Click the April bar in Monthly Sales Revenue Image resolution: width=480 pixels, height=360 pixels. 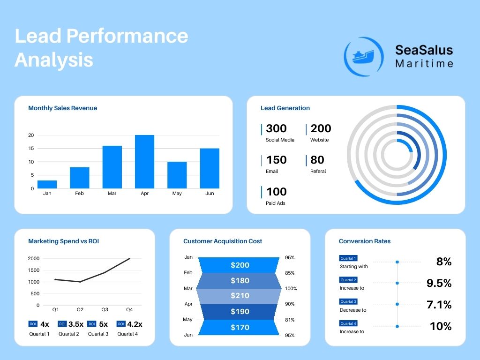pos(144,162)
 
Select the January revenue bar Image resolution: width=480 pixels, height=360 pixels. pos(47,184)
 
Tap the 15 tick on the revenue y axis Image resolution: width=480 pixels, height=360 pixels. pos(31,149)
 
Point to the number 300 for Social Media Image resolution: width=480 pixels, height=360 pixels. pos(276,128)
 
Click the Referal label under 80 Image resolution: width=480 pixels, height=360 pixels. pos(318,172)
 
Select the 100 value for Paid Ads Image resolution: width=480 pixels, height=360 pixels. pos(276,192)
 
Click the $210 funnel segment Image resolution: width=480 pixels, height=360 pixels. pos(240,296)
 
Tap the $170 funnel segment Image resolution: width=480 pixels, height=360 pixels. pos(240,327)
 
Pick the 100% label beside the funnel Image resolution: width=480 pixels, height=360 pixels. pos(291,289)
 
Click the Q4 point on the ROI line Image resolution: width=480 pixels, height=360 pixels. pos(129,258)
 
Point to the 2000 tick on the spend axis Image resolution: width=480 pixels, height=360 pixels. pos(33,259)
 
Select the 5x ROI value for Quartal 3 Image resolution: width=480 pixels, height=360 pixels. pos(104,324)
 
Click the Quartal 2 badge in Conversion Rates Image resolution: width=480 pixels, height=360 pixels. pos(348,280)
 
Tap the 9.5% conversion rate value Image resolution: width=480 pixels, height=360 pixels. pos(439,283)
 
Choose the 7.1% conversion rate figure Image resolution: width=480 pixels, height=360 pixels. pos(439,305)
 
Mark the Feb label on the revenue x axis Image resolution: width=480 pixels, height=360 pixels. pos(79,193)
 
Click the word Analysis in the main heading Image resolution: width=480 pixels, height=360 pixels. pos(54,60)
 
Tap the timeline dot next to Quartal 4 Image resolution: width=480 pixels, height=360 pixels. pos(397,326)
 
